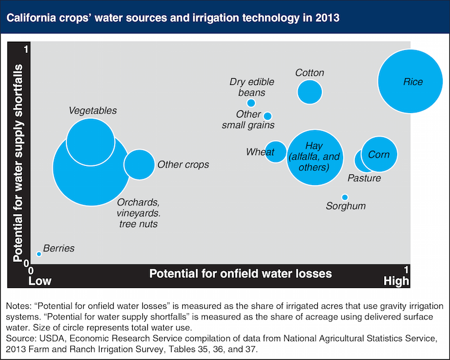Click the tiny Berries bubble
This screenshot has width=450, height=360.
coord(39,254)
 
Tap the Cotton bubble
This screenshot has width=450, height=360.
coord(310,92)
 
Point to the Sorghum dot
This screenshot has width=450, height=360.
coord(345,197)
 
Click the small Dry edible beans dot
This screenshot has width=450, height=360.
coord(251,103)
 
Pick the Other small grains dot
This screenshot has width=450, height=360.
coord(268,116)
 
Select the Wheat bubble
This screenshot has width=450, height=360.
coord(276,152)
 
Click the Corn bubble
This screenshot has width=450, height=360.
coord(379,154)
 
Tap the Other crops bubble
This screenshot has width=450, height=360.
coord(139,164)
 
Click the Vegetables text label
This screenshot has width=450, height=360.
coord(93,111)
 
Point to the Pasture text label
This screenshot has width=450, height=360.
coord(364,178)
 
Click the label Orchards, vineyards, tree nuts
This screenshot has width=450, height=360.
coord(138,213)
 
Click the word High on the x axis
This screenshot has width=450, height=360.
coord(396,281)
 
